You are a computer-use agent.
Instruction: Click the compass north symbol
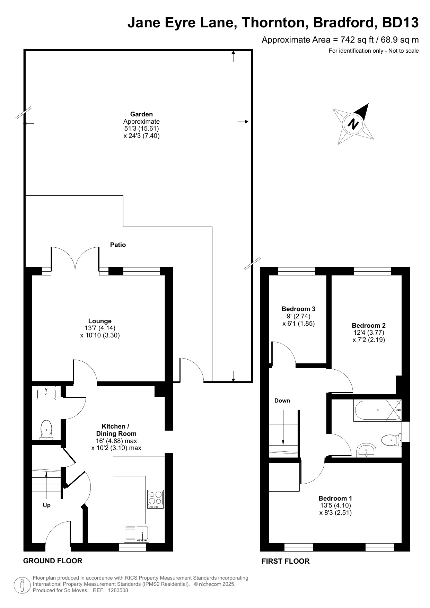pyautogui.click(x=353, y=124)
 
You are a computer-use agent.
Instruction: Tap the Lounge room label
pyautogui.click(x=100, y=321)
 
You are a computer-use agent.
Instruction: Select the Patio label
pyautogui.click(x=118, y=245)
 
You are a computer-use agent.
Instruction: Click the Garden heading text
pyautogui.click(x=141, y=114)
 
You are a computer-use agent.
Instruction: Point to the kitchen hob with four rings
pyautogui.click(x=156, y=499)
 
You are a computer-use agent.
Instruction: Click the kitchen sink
pyautogui.click(x=137, y=534)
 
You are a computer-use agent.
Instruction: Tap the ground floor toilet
pyautogui.click(x=46, y=430)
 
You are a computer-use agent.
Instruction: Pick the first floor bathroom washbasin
pyautogui.click(x=366, y=450)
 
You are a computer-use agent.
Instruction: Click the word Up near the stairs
pyautogui.click(x=47, y=505)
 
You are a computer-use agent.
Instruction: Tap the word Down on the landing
pyautogui.click(x=282, y=401)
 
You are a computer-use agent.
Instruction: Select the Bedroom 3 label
pyautogui.click(x=298, y=309)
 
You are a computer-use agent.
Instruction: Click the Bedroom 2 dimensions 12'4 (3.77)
pyautogui.click(x=369, y=333)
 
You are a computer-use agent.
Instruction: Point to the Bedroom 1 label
pyautogui.click(x=335, y=499)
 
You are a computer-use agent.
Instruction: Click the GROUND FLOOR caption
pyautogui.click(x=53, y=561)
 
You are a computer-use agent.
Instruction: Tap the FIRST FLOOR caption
pyautogui.click(x=286, y=561)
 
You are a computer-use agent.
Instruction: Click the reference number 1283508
pyautogui.click(x=118, y=590)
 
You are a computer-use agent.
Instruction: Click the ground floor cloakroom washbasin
pyautogui.click(x=46, y=394)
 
